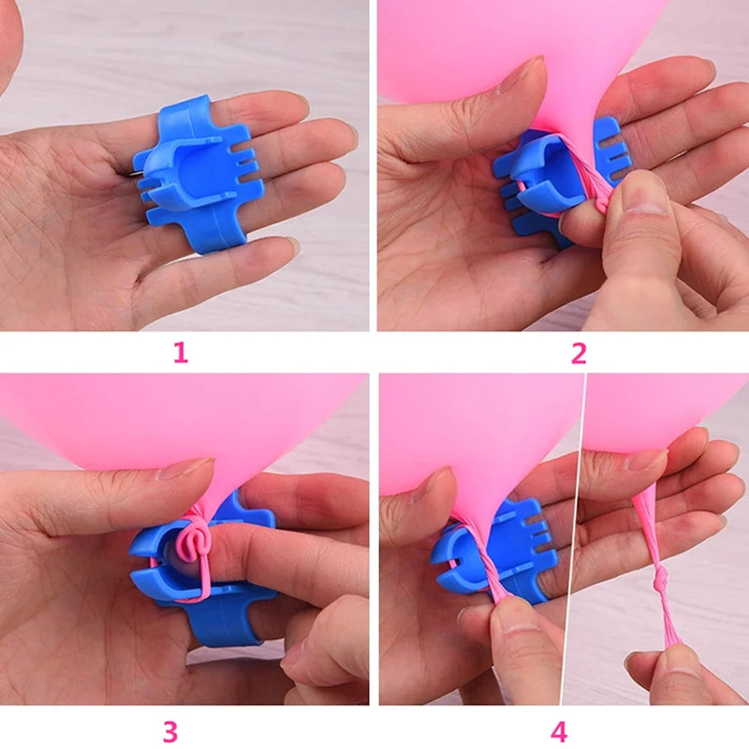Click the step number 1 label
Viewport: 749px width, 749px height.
pyautogui.click(x=180, y=352)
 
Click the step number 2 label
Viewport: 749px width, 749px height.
pyautogui.click(x=578, y=352)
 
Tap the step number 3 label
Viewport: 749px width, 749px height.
pyautogui.click(x=169, y=730)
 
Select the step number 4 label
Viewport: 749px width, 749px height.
pyautogui.click(x=558, y=730)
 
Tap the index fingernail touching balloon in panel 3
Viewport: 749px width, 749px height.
pyautogui.click(x=184, y=468)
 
